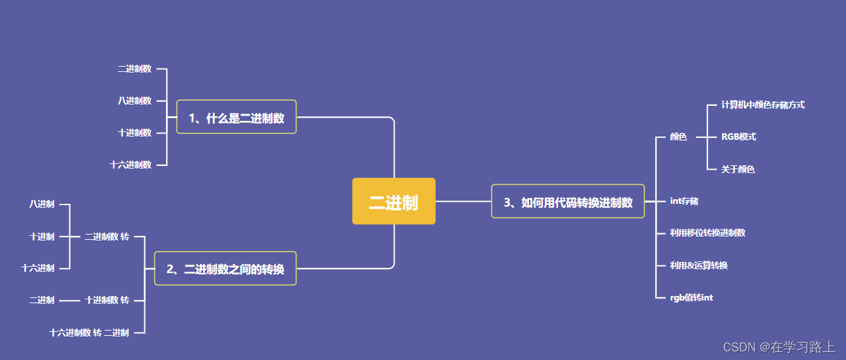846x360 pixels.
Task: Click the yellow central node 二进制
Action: coord(393,202)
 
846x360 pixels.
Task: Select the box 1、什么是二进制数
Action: coord(236,118)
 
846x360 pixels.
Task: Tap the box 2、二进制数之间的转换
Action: coord(225,269)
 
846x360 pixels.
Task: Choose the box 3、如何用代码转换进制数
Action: coord(568,202)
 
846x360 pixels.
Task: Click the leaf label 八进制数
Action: coord(135,101)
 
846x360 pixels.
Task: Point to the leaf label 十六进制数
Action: coord(131,165)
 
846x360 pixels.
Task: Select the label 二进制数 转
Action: coord(106,237)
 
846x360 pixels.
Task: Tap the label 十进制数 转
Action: coord(106,300)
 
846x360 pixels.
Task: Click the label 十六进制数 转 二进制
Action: coord(89,333)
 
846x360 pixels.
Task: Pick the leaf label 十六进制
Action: coord(38,268)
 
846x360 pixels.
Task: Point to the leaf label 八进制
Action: coord(42,205)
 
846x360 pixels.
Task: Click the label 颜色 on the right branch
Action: coord(678,137)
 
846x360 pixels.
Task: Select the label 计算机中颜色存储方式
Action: coord(762,105)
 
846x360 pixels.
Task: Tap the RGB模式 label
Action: coord(738,137)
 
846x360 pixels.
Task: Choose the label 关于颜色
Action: coord(738,169)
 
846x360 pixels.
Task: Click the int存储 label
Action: coord(684,201)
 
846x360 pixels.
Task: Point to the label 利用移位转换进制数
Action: coord(708,233)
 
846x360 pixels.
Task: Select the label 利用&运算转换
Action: coord(698,265)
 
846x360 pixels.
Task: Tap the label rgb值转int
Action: coord(691,297)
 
